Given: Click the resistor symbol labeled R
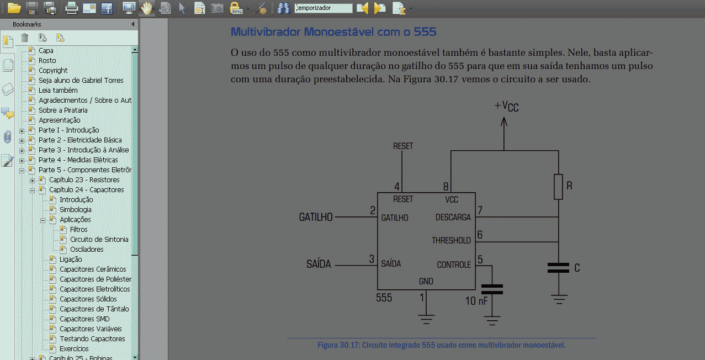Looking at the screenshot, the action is (x=558, y=187).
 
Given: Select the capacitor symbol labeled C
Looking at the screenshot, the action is (x=558, y=268).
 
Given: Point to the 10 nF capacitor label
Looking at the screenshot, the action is (x=476, y=301).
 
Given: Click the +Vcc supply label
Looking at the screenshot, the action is (x=506, y=107).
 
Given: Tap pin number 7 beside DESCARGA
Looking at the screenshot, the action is (x=480, y=210).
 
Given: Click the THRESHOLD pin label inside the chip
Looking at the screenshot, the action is (x=451, y=240).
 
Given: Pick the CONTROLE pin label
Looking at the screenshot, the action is (x=453, y=264).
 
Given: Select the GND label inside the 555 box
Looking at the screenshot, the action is (x=426, y=281).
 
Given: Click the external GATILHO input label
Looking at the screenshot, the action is (x=316, y=217).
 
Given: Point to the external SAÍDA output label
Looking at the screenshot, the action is (x=319, y=264).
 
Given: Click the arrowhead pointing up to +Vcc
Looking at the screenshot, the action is (x=504, y=122).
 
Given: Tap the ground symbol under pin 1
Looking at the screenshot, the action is (x=426, y=319).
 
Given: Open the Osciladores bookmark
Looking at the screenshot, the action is (x=87, y=249).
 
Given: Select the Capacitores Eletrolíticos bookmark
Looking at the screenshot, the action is (x=94, y=289).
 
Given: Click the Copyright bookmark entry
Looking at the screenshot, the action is (x=53, y=71).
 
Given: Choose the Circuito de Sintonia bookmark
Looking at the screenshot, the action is (x=99, y=240).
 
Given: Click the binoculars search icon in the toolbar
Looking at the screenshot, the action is (x=283, y=8).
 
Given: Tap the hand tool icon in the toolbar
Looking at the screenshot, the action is (x=146, y=8).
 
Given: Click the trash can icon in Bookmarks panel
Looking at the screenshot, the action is (x=24, y=38).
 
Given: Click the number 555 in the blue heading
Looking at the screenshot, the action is (x=425, y=32).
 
